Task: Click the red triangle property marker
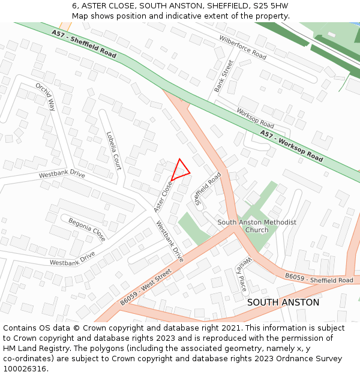pos(181,170)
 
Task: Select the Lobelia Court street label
pos(113,151)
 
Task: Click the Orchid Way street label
pos(45,97)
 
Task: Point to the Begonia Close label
pos(86,230)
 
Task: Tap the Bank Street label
pos(223,76)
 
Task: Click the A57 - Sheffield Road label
pos(83,43)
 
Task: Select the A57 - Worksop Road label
pos(291,146)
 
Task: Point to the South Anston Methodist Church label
pos(257,226)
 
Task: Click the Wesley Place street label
pos(241,275)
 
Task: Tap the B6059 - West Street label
pos(145,286)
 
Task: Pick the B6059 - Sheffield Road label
pos(319,278)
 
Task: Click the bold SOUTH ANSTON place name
pos(283,302)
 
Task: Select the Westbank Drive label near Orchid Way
pos(62,175)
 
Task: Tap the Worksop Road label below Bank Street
pos(255,118)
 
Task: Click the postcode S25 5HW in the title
pos(271,6)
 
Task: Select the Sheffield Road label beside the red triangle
pos(208,188)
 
